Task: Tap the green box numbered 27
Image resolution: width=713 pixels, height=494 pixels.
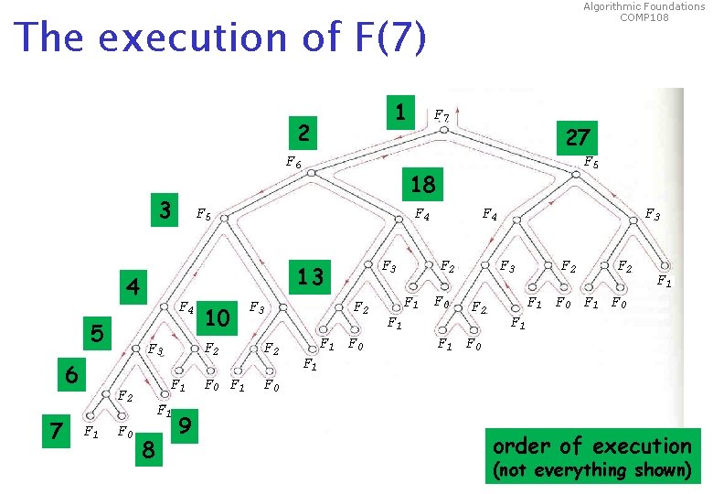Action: tap(578, 137)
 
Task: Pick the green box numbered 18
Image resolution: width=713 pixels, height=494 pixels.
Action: tap(422, 184)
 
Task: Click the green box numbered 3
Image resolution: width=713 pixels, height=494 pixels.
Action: tap(165, 209)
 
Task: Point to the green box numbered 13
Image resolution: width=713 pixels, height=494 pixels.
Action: tap(311, 275)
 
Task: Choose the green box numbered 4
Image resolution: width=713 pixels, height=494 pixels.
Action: tap(133, 288)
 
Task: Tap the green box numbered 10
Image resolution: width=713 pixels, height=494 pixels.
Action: tap(218, 317)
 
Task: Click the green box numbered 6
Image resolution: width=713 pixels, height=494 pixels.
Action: tap(69, 375)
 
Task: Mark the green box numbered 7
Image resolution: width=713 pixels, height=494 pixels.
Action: tap(57, 428)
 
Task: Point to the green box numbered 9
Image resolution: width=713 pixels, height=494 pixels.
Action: tap(186, 424)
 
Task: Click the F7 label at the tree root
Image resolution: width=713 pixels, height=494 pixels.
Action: tap(441, 115)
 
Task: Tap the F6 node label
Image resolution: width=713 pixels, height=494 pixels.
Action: tap(293, 163)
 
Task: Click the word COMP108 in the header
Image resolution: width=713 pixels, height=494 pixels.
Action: tap(644, 17)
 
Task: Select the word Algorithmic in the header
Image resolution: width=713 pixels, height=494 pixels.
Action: tap(613, 6)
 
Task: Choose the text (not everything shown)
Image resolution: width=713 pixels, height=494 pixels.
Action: tap(591, 470)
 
